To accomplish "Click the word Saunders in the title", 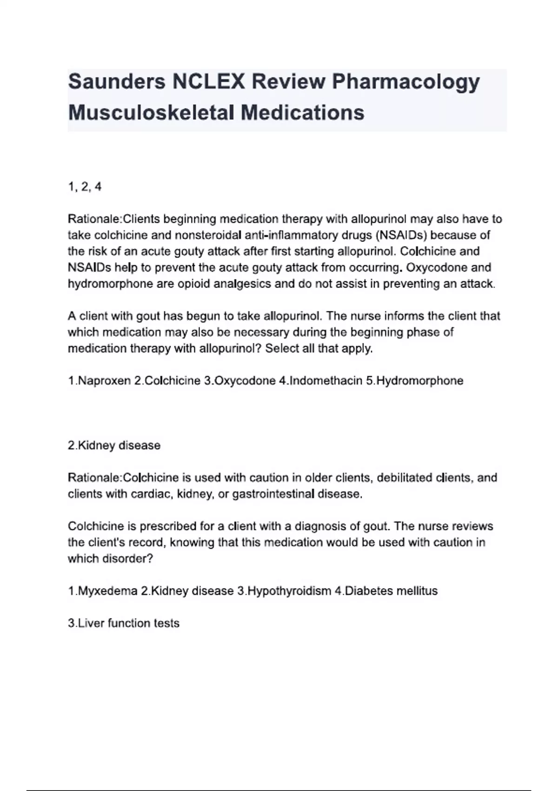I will click(x=117, y=81).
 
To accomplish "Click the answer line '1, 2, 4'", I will click(x=85, y=187).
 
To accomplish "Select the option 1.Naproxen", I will click(x=99, y=381).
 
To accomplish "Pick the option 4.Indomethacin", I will click(x=320, y=381).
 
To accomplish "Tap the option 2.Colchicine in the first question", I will click(x=167, y=381).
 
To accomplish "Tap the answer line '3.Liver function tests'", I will click(x=124, y=623).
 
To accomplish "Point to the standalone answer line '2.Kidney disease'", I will click(x=114, y=445).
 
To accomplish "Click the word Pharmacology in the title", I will click(x=405, y=81).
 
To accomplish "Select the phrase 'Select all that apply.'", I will click(x=319, y=349).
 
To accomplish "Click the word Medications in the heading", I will click(x=302, y=113).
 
